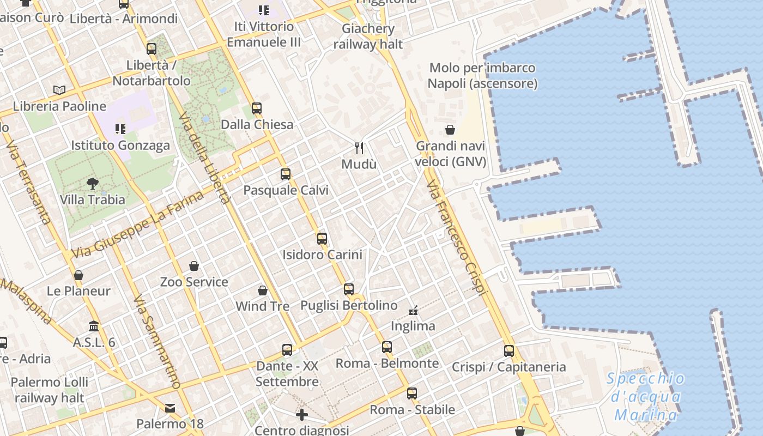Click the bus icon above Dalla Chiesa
point(257,108)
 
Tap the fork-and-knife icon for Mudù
point(359,148)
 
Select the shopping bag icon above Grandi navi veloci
point(450,130)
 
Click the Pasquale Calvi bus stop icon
point(286,174)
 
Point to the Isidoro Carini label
point(322,255)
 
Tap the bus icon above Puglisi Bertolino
point(349,289)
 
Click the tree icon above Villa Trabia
point(93,184)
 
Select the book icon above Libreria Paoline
point(59,90)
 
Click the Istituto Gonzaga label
point(120,146)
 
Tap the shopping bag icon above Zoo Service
point(194,266)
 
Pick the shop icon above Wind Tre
point(263,290)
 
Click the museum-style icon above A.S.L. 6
point(94,326)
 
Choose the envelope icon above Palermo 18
point(170,408)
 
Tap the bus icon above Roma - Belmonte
point(387,347)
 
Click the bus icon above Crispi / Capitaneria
point(509,350)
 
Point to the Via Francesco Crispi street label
point(456,239)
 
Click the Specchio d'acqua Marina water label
point(646,397)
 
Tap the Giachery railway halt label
point(368,36)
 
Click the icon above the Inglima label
point(414,311)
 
